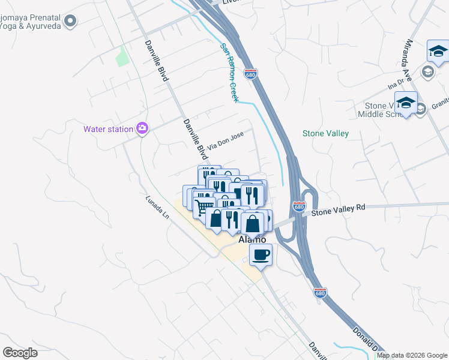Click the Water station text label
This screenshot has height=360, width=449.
(x=109, y=128)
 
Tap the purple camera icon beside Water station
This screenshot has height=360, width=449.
(x=142, y=128)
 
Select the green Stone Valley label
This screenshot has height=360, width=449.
(x=325, y=134)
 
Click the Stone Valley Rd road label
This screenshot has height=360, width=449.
(x=338, y=209)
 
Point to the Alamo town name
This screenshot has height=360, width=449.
(x=252, y=239)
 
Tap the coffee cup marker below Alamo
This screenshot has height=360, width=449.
(x=261, y=254)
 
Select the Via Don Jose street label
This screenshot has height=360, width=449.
(x=225, y=141)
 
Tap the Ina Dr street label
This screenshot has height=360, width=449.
(x=396, y=85)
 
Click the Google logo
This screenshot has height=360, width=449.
(x=20, y=353)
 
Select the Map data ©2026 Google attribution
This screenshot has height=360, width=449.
(x=412, y=355)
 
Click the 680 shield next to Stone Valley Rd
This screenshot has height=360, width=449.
(x=300, y=206)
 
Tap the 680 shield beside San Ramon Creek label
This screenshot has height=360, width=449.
(x=251, y=73)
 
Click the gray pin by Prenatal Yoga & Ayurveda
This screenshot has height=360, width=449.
(x=71, y=22)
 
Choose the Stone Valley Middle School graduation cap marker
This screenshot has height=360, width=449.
(x=406, y=103)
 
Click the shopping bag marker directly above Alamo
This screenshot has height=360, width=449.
(x=253, y=224)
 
